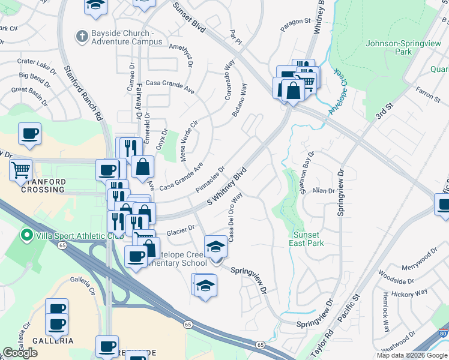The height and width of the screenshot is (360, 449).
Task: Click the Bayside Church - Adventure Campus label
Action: [127, 37]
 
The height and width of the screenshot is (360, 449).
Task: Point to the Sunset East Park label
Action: [309, 238]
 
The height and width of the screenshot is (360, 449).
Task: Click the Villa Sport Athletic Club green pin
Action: [26, 235]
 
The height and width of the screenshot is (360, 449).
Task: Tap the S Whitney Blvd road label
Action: [228, 187]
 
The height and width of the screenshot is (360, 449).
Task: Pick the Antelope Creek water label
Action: [338, 95]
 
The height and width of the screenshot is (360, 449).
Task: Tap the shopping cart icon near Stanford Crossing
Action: [21, 170]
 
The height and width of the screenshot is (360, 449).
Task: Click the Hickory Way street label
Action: [409, 293]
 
